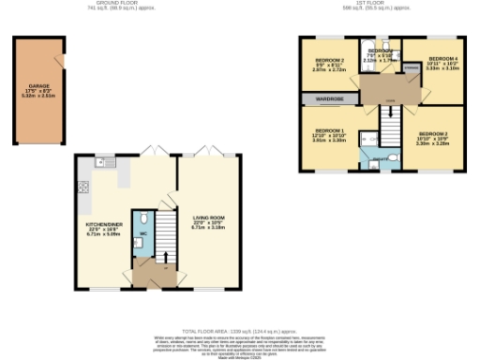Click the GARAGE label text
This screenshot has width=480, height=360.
point(39,85)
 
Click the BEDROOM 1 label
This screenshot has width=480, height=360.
point(331,130)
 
